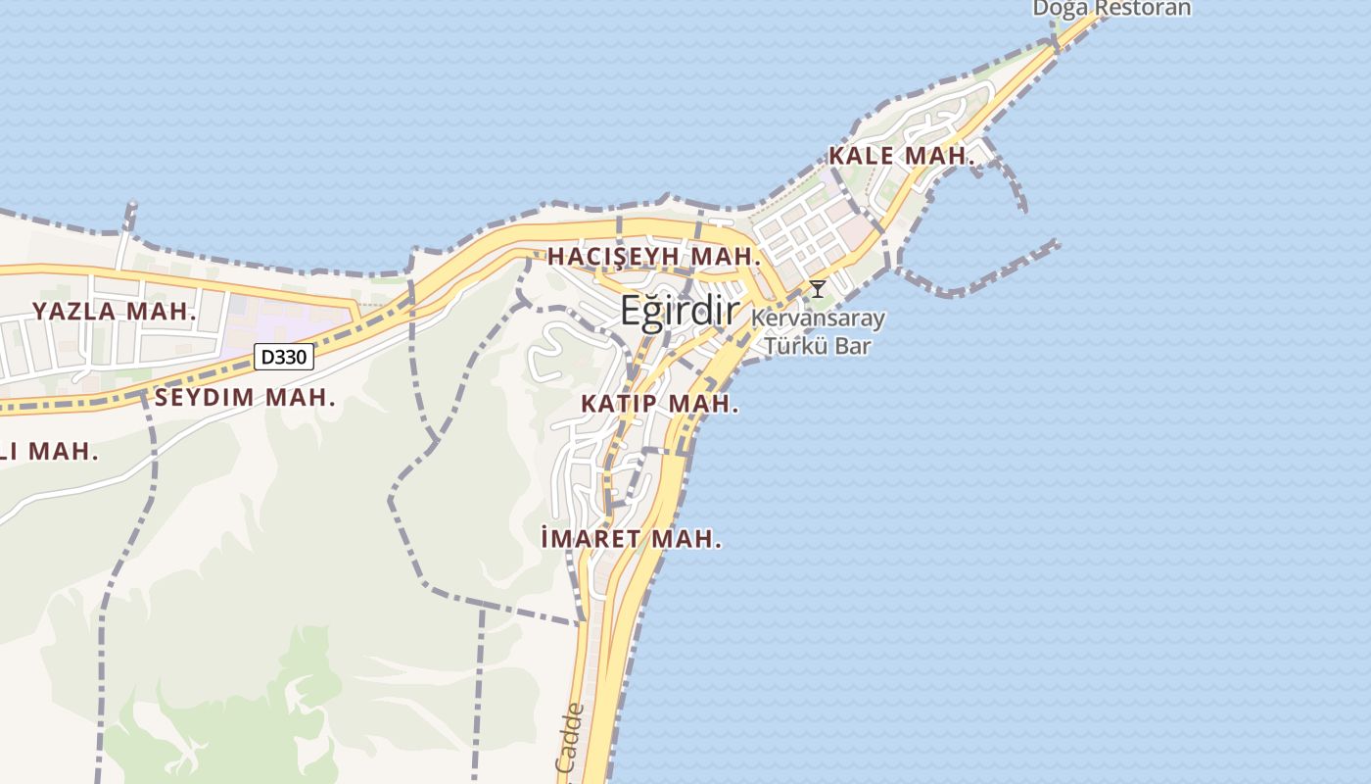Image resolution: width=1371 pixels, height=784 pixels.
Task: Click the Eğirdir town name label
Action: [x=679, y=311]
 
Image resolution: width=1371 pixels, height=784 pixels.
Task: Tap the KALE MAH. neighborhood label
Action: [x=902, y=156]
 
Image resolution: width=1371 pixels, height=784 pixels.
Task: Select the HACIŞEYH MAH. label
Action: [x=654, y=257]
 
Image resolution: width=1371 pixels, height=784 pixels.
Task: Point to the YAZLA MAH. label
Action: [x=115, y=312]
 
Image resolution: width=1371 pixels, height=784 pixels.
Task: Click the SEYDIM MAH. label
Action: [x=245, y=398]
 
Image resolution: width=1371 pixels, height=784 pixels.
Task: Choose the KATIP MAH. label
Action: [x=659, y=404]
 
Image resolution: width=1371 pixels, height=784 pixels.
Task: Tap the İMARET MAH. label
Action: [x=632, y=538]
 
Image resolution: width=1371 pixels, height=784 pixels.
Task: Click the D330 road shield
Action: [x=284, y=357]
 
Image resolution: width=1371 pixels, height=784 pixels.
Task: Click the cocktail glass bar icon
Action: [x=817, y=289]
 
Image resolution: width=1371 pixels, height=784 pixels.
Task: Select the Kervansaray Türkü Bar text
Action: [x=818, y=332]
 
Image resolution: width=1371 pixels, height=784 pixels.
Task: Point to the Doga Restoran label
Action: [x=1111, y=9]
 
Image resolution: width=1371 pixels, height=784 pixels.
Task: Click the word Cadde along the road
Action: [x=570, y=737]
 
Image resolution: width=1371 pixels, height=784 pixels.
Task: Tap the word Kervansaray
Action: [x=818, y=318]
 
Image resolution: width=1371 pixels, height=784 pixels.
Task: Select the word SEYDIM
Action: [x=205, y=398]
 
